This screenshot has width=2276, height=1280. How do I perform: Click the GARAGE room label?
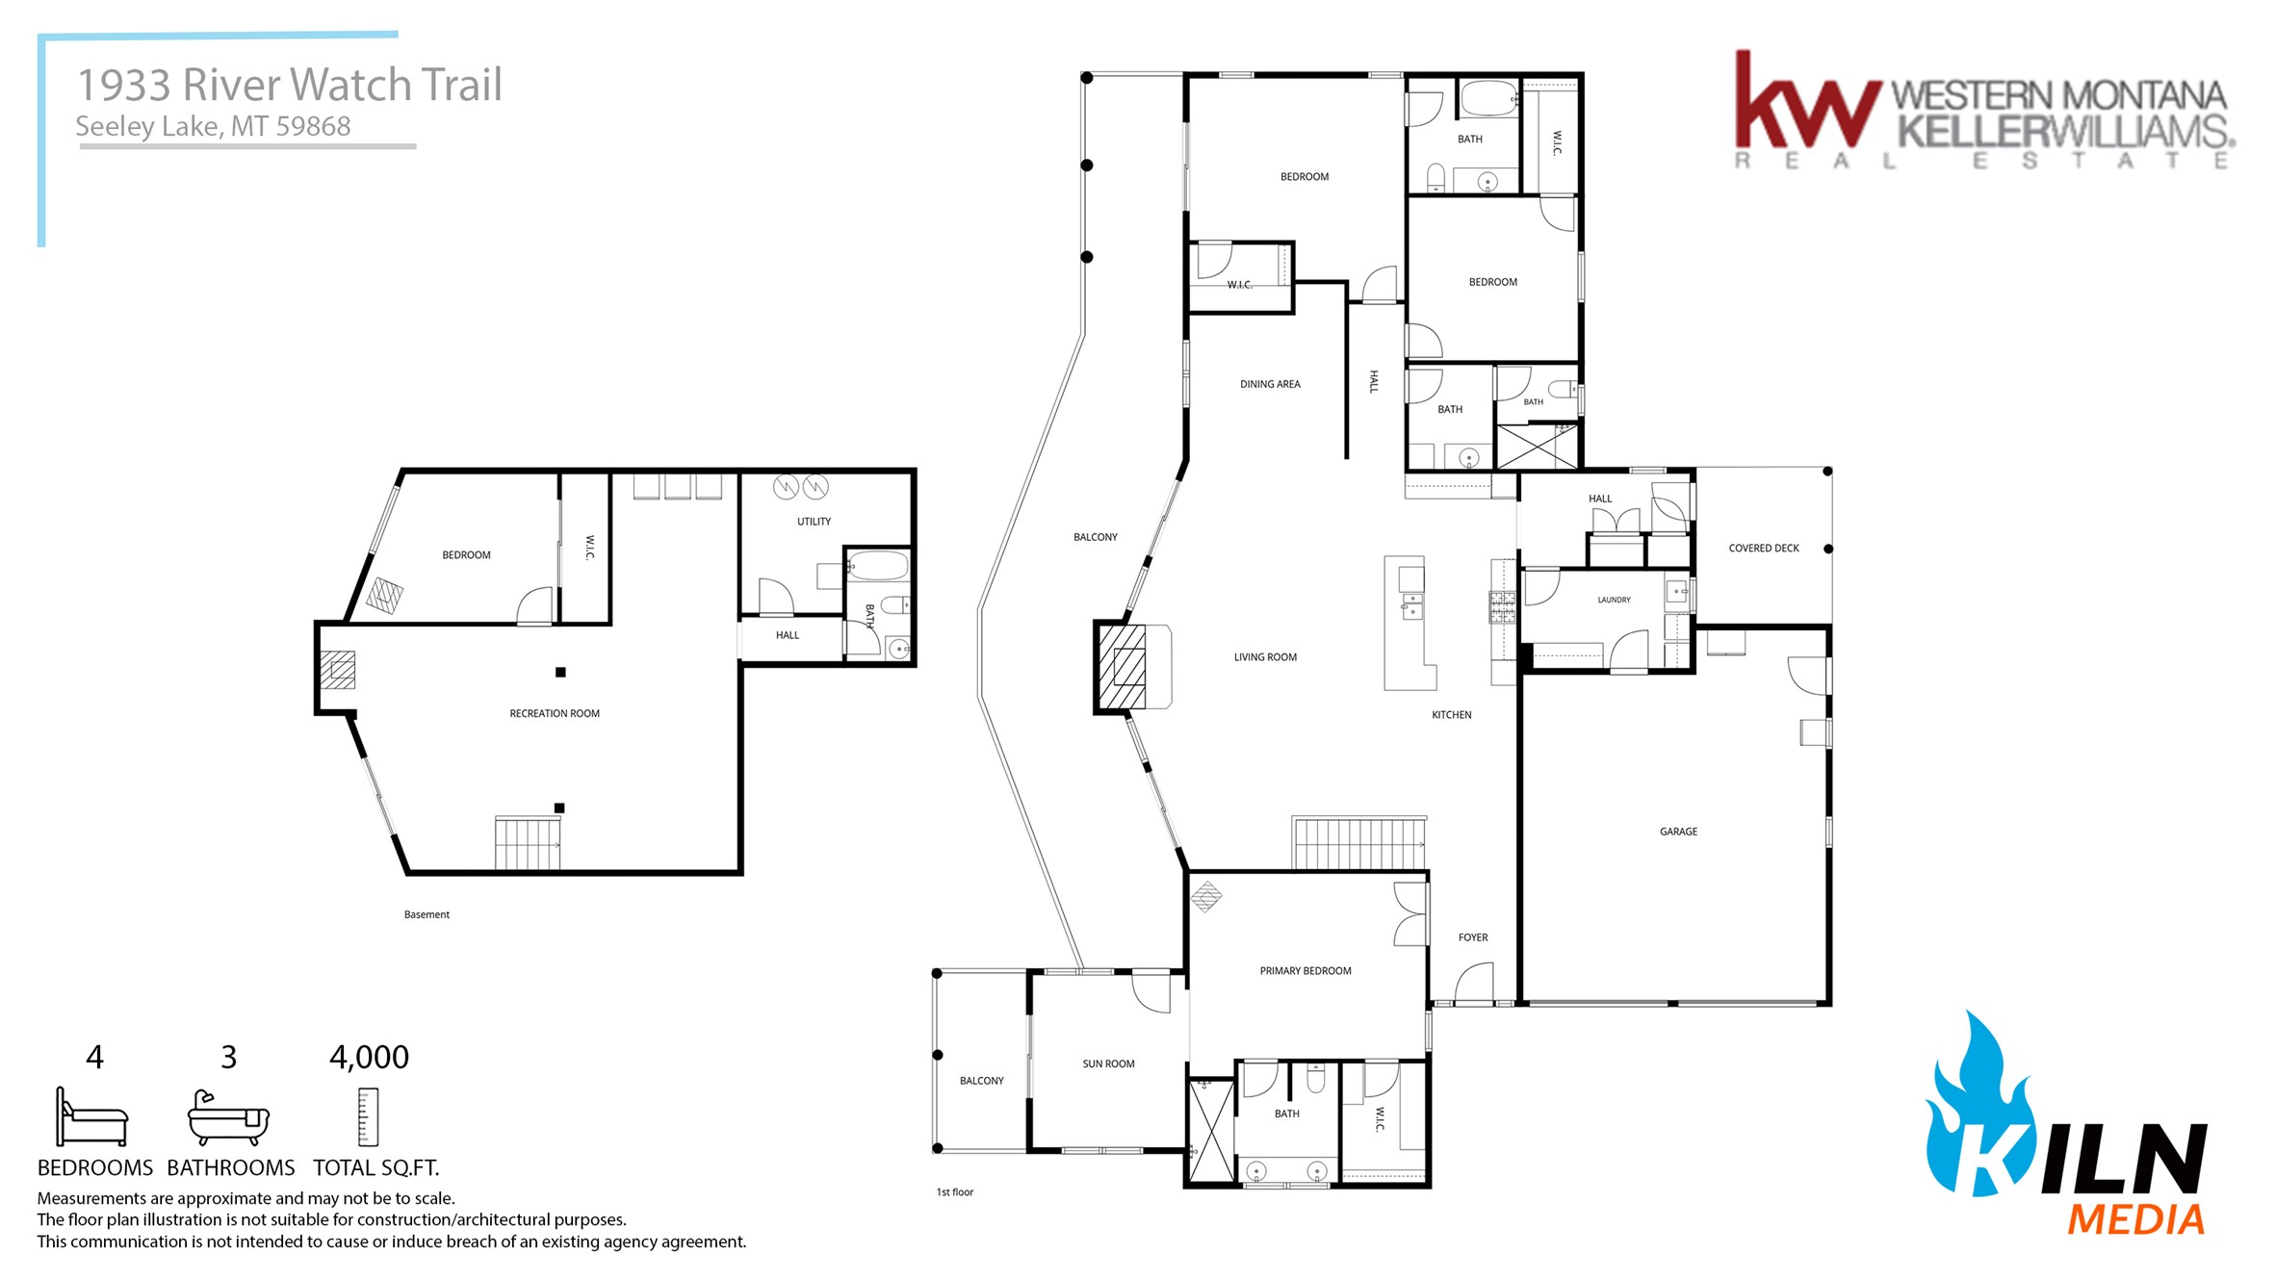click(1678, 832)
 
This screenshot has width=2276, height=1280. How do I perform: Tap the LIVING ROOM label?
click(1265, 657)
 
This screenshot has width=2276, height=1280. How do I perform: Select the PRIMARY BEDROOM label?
click(1306, 971)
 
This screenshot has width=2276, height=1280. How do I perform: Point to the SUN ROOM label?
click(1108, 1064)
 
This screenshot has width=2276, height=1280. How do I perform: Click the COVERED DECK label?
click(1764, 549)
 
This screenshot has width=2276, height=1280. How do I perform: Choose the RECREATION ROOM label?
click(555, 714)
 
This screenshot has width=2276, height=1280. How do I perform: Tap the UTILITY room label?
click(814, 522)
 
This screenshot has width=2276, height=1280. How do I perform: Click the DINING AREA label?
click(1270, 384)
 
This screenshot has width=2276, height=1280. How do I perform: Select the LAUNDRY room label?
click(1615, 600)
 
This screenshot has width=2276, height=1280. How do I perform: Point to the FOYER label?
click(1473, 937)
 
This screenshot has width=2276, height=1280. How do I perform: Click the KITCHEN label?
click(1452, 715)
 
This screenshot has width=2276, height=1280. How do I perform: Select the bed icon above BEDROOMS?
click(91, 1117)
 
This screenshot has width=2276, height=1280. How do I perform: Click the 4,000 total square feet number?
click(370, 1058)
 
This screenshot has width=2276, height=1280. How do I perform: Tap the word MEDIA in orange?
click(2136, 1219)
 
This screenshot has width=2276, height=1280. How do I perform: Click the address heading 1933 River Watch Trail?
click(290, 85)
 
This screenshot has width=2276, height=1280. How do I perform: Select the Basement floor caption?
click(427, 915)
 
